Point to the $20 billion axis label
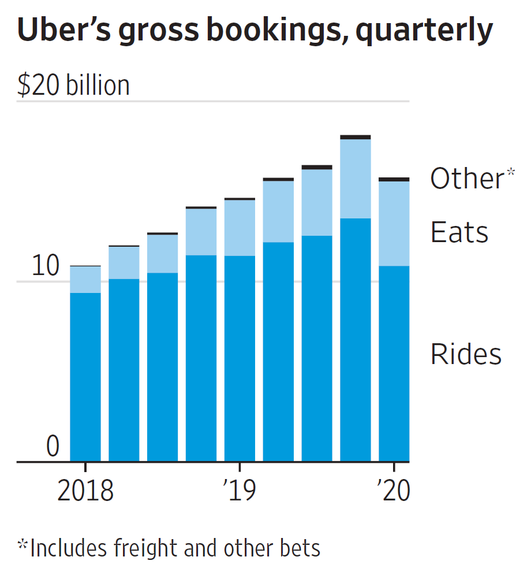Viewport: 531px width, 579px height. pyautogui.click(x=73, y=86)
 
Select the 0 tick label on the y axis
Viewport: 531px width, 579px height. pyautogui.click(x=53, y=447)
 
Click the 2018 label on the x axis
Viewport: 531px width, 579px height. pyautogui.click(x=85, y=491)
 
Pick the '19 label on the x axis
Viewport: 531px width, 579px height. pyautogui.click(x=239, y=491)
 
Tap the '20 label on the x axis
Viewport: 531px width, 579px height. pyautogui.click(x=393, y=491)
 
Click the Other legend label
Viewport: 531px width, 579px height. pyautogui.click(x=467, y=179)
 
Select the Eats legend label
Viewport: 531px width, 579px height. pyautogui.click(x=459, y=233)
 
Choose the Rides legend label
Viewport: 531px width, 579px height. pyautogui.click(x=466, y=354)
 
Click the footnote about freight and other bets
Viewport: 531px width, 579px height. pyautogui.click(x=169, y=547)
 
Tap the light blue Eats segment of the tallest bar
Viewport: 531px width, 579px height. pyautogui.click(x=356, y=179)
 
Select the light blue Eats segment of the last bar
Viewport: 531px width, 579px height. pyautogui.click(x=394, y=224)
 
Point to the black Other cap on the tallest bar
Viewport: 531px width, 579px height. pyautogui.click(x=356, y=137)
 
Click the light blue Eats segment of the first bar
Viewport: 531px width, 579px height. pyautogui.click(x=85, y=280)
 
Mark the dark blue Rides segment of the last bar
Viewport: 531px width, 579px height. pyautogui.click(x=394, y=363)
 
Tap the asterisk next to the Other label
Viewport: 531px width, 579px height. pyautogui.click(x=510, y=173)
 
